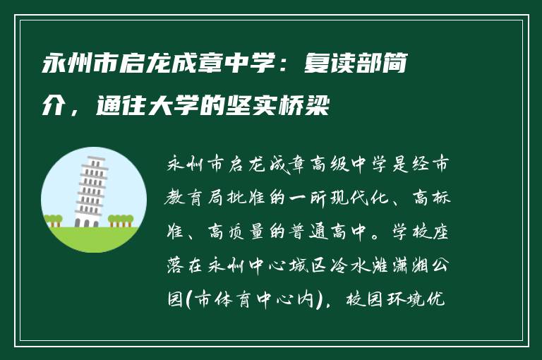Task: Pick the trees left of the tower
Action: (54, 220)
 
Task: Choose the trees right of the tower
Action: (121, 220)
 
